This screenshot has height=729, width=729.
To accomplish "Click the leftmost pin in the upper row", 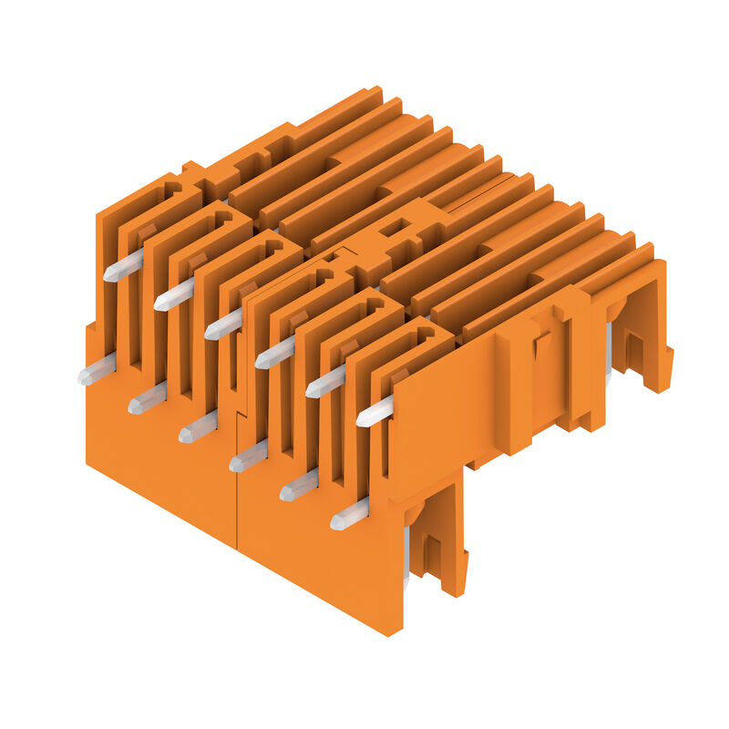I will [x=123, y=266].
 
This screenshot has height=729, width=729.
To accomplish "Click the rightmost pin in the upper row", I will [x=375, y=411].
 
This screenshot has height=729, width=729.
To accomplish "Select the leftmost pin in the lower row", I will [x=97, y=370].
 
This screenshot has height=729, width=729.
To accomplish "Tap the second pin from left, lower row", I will [x=148, y=398].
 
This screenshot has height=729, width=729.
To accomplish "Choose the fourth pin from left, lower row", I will [x=249, y=457].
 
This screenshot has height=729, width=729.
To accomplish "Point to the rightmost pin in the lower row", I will [x=349, y=515].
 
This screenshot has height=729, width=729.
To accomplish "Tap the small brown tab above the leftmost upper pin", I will [x=146, y=233].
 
